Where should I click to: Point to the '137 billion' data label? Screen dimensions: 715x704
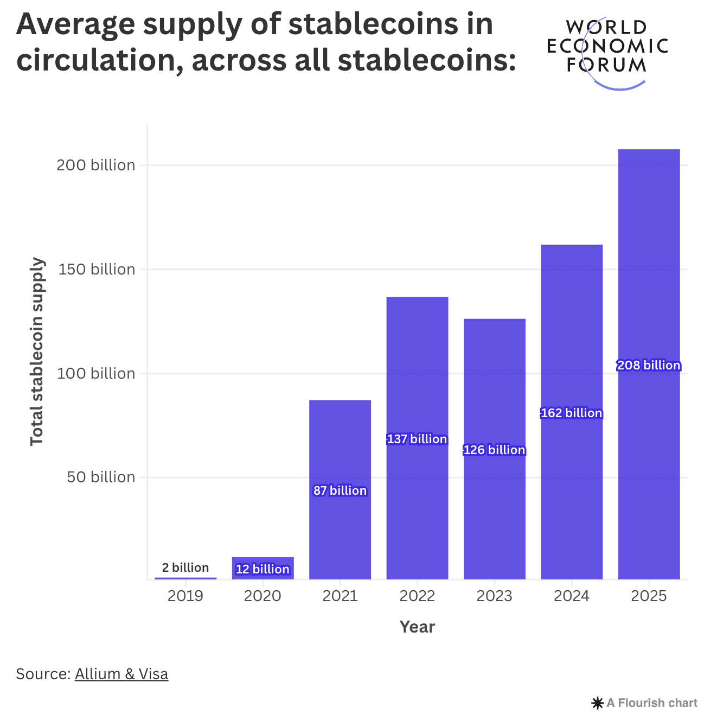coord(417,439)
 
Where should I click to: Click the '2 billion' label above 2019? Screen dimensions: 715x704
coord(185,567)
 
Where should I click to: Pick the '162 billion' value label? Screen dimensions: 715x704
coord(572,413)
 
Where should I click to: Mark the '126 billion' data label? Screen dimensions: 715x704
coord(495,450)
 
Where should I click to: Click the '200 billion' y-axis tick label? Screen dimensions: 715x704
coord(96,165)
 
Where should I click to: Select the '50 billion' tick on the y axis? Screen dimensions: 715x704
coord(101,477)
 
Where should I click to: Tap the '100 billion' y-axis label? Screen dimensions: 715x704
coord(96,373)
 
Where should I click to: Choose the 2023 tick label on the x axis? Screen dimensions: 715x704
coord(494,596)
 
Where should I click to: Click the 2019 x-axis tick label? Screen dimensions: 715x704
coord(185,596)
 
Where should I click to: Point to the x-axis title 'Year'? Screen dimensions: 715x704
coord(417,627)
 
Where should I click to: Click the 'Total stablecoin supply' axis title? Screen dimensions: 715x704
coord(36,352)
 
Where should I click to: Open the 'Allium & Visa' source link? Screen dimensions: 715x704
coord(121,674)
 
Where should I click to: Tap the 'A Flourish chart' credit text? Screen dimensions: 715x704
coord(652,703)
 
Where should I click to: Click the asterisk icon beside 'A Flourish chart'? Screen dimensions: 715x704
coord(597,704)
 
